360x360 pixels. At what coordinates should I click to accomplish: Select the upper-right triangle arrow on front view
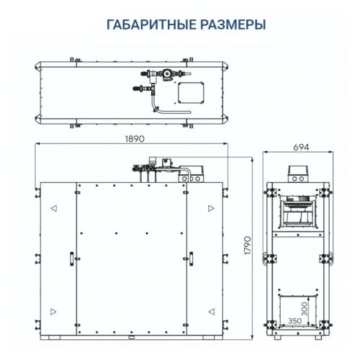pyautogui.click(x=210, y=207)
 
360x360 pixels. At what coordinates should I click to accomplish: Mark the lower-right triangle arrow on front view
pyautogui.click(x=210, y=310)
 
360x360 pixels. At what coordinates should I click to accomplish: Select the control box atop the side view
pyautogui.click(x=298, y=173)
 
